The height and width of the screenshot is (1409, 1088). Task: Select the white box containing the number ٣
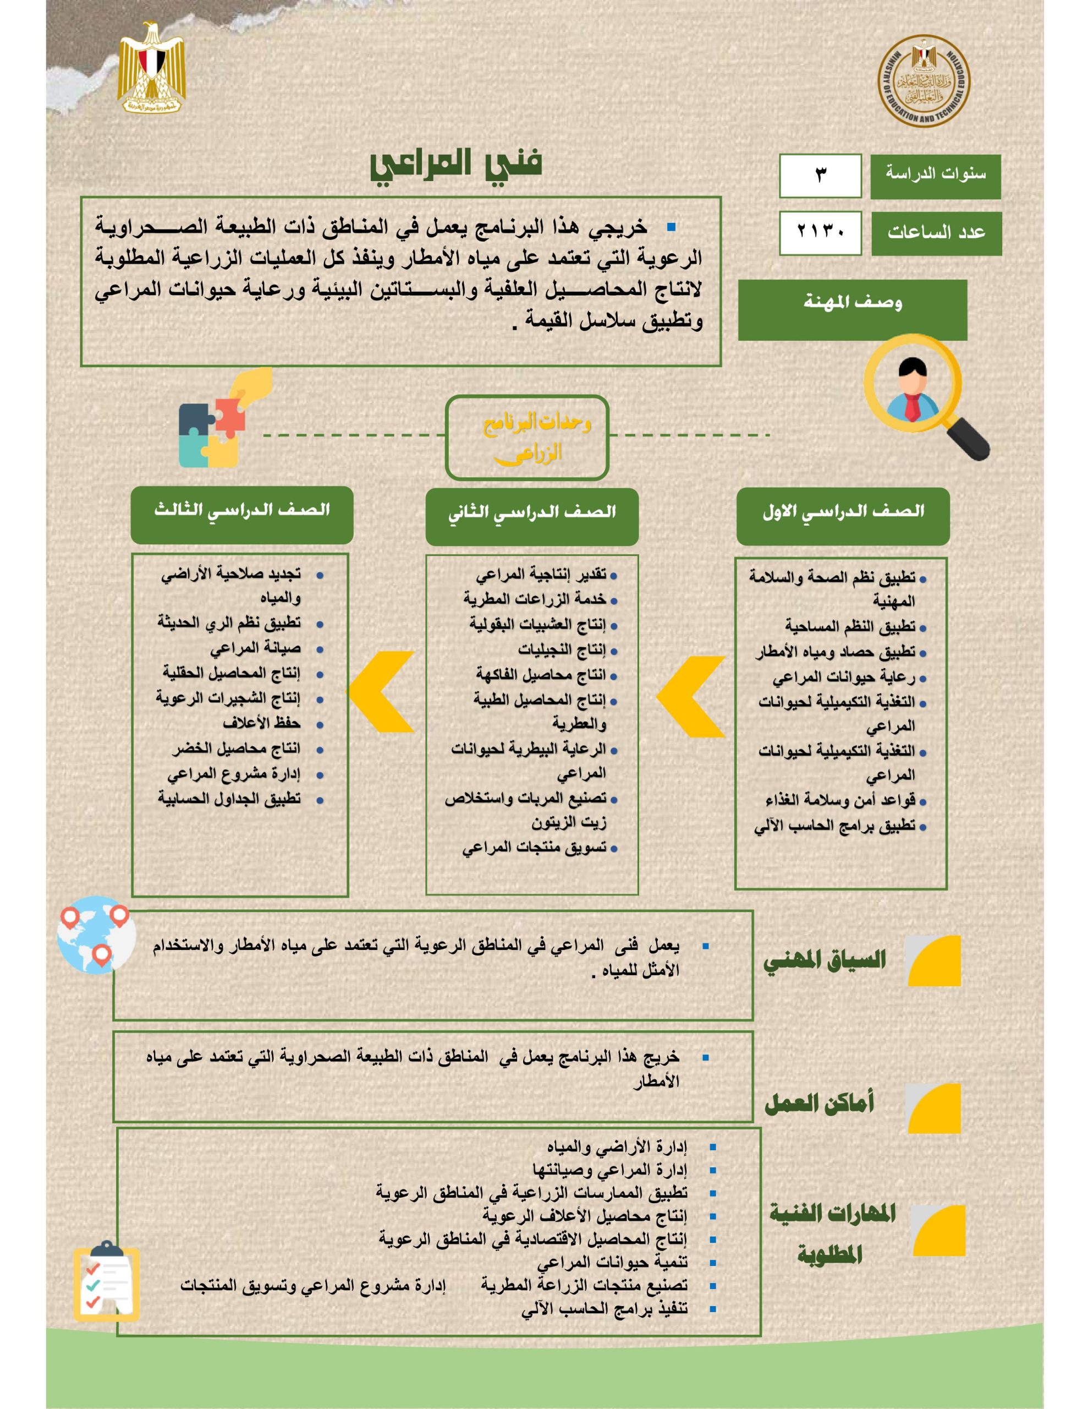pyautogui.click(x=820, y=176)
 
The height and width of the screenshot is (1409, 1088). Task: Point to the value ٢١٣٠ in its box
pyautogui.click(x=820, y=232)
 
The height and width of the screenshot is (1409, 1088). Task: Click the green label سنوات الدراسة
pyautogui.click(x=935, y=176)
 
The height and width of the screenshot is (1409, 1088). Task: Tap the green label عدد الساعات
pyautogui.click(x=936, y=232)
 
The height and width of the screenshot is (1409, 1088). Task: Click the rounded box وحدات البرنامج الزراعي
pyautogui.click(x=527, y=438)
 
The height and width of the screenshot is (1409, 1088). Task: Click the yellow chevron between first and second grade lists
pyautogui.click(x=691, y=696)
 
